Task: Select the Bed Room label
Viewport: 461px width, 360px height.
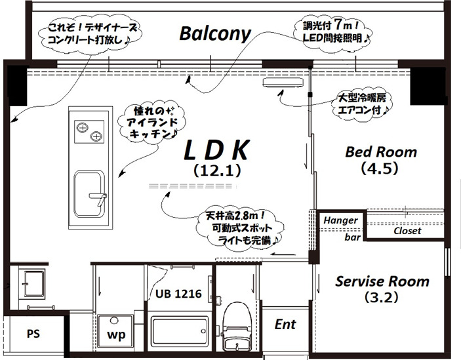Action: (381, 152)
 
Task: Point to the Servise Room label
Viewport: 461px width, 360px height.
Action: (382, 281)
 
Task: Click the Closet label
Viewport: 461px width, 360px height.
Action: (407, 231)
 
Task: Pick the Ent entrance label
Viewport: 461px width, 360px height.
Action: (285, 324)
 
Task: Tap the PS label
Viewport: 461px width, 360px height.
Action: (33, 333)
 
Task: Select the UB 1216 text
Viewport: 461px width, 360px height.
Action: (178, 293)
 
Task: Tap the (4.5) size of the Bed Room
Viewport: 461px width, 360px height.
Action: (380, 168)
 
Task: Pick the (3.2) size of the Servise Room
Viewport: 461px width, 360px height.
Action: (382, 297)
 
